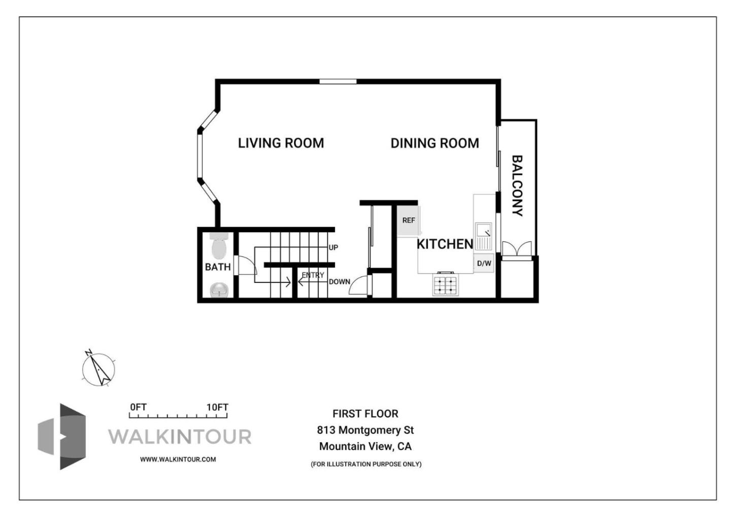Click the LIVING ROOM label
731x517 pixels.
281,143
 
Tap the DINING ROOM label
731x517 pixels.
435,143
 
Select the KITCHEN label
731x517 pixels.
445,244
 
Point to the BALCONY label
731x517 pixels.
517,186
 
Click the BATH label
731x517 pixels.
218,267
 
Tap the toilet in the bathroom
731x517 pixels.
219,247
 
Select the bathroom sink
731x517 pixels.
219,290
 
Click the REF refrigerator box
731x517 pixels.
408,220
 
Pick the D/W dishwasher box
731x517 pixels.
484,263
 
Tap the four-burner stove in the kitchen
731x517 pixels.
445,284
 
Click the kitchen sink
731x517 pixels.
483,236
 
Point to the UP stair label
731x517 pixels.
333,248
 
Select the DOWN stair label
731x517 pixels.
339,282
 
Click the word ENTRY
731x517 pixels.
313,275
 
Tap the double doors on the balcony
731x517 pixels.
517,249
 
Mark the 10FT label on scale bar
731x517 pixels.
217,407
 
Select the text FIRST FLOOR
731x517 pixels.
365,414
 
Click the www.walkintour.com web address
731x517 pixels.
178,459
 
